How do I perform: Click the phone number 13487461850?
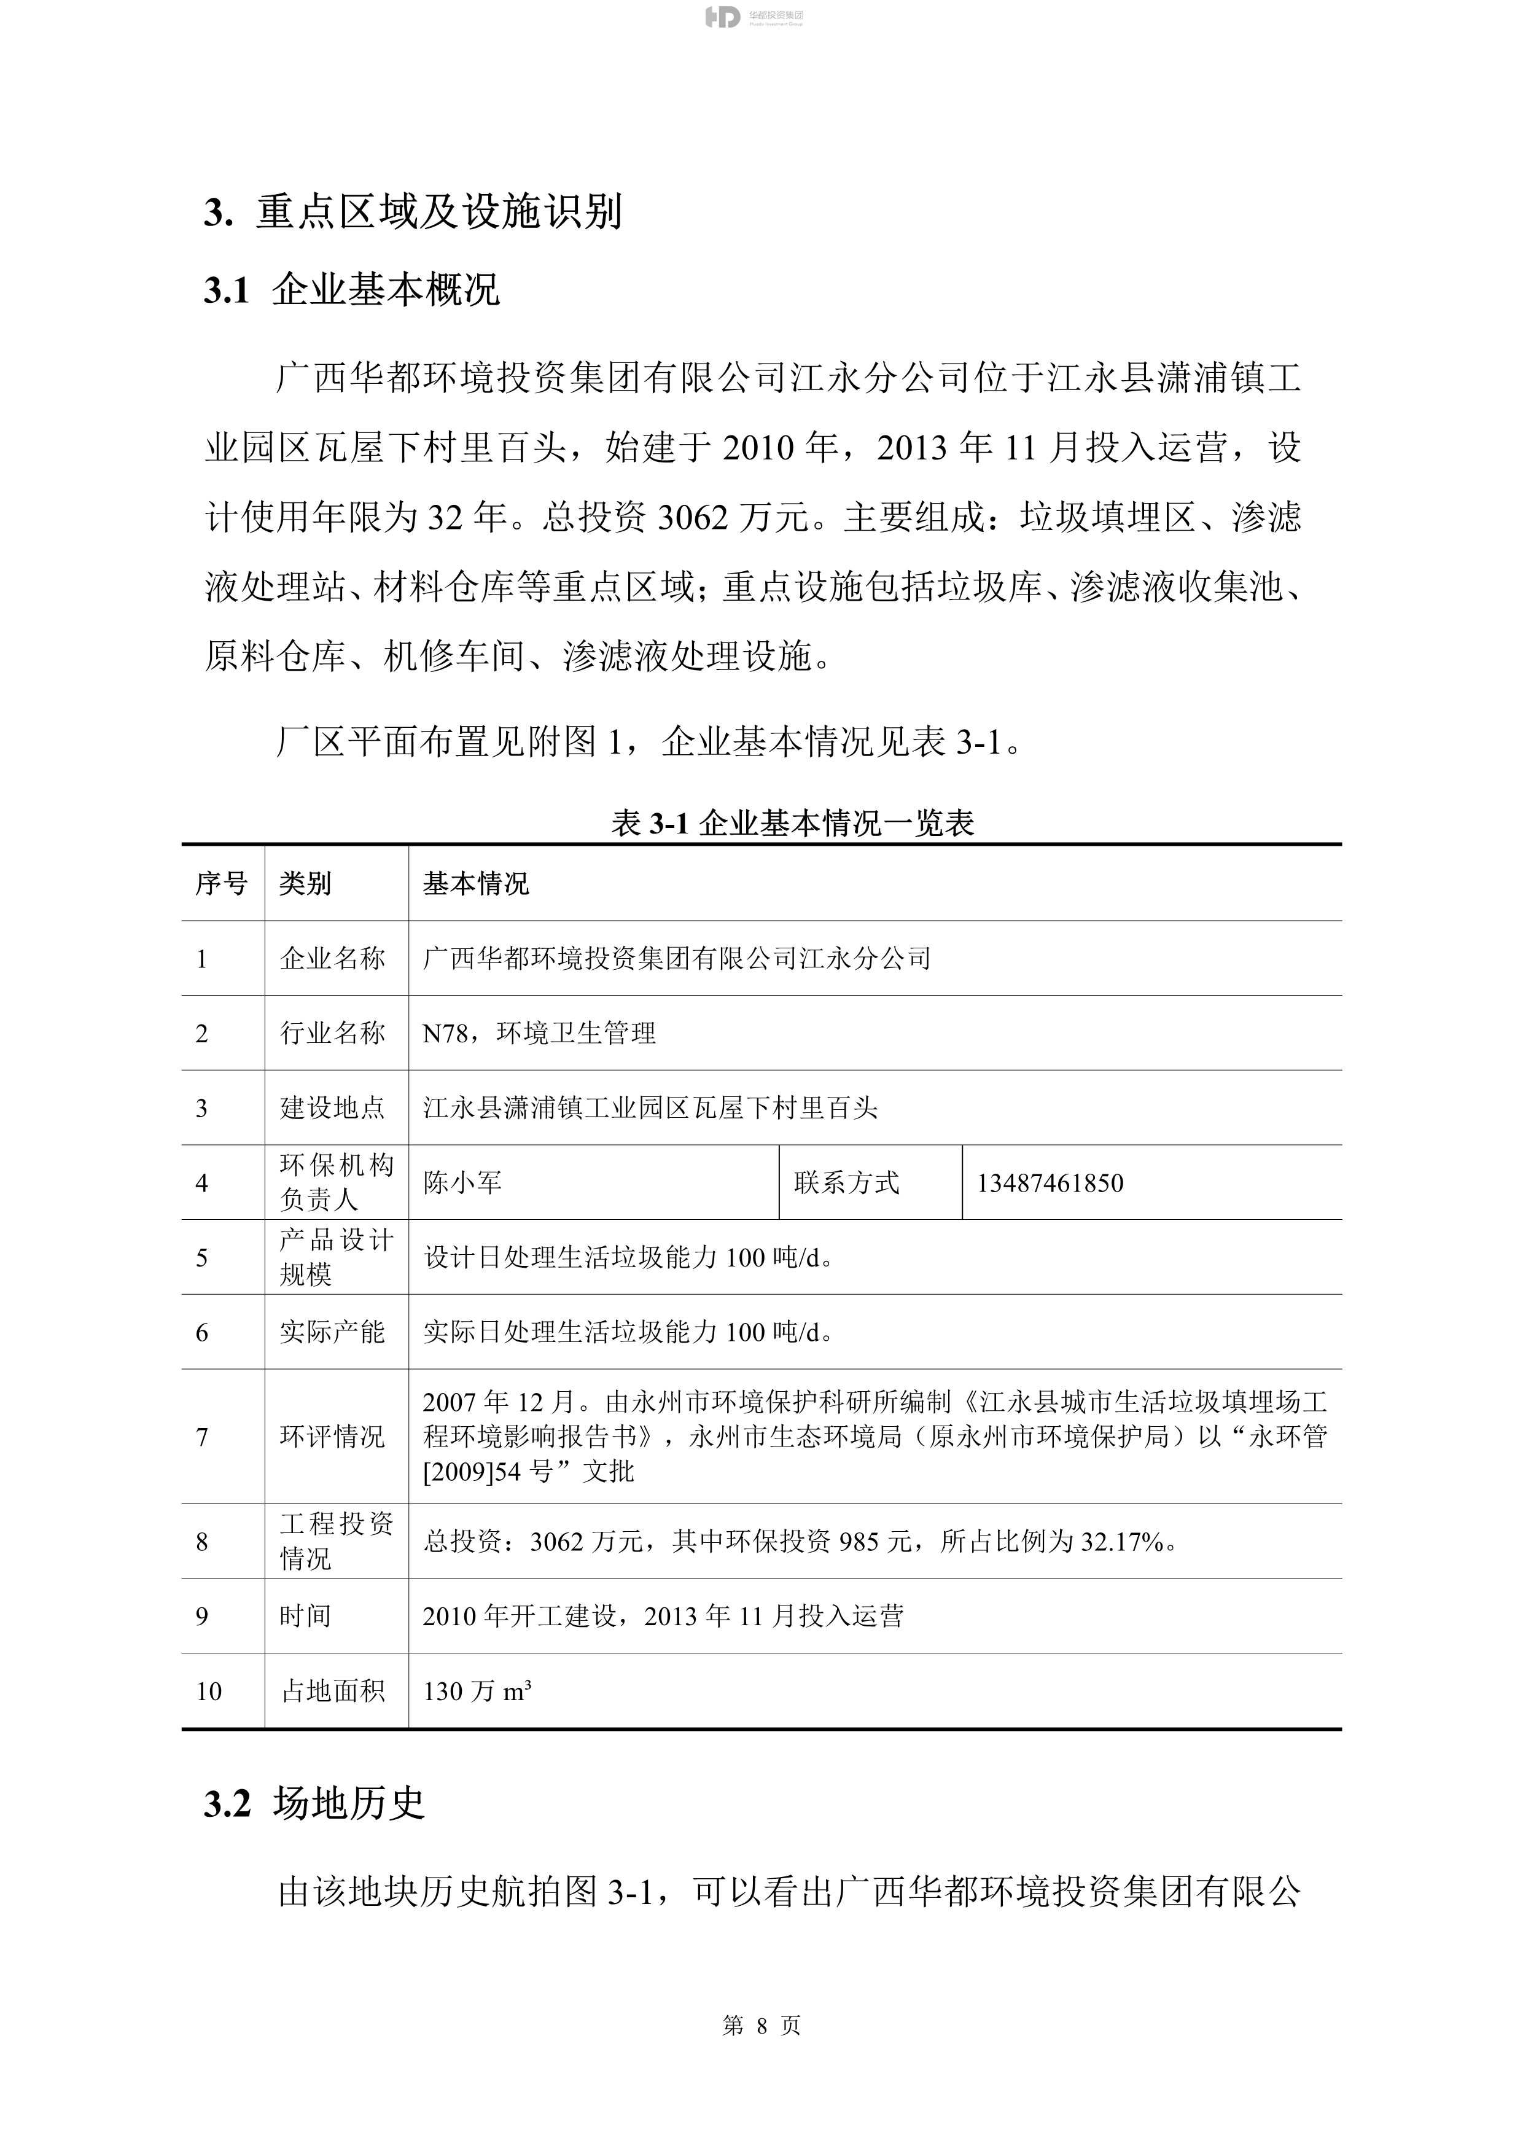[x=1050, y=1183]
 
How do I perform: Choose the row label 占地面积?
[x=333, y=1692]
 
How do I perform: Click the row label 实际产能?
[x=332, y=1332]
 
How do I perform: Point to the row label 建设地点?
[x=332, y=1108]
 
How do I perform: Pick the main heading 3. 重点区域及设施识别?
[x=413, y=213]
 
